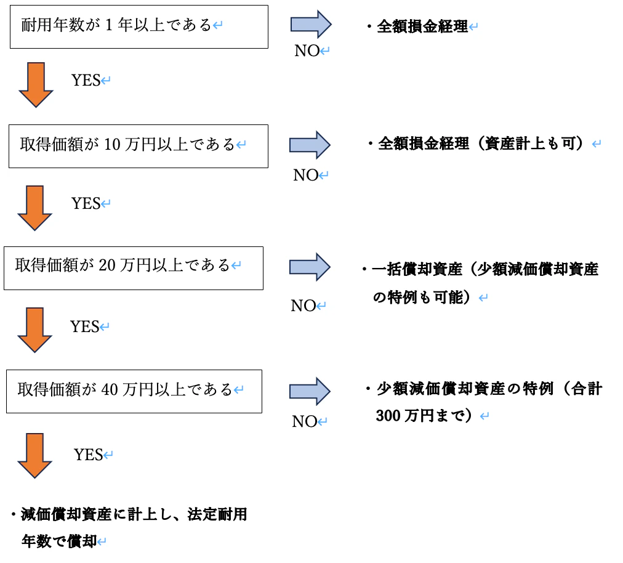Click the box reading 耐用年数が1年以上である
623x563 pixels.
point(139,26)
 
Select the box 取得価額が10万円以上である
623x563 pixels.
point(138,146)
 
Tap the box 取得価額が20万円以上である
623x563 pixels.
point(133,268)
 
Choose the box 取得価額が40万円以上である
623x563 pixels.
point(134,391)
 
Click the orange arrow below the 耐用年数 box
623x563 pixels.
point(36,85)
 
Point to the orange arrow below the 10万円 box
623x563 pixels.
point(35,208)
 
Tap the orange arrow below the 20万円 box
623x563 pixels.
point(34,330)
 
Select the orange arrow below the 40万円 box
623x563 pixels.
point(34,455)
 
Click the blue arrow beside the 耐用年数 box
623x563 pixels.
point(311,25)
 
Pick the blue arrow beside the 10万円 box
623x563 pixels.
point(310,145)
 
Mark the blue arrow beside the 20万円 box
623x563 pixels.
point(310,267)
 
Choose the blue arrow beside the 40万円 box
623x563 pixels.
point(310,391)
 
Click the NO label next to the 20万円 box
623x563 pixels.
point(303,306)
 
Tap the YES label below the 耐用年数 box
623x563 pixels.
point(86,81)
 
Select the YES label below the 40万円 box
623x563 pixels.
point(89,455)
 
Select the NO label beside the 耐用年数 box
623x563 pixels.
point(307,52)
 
